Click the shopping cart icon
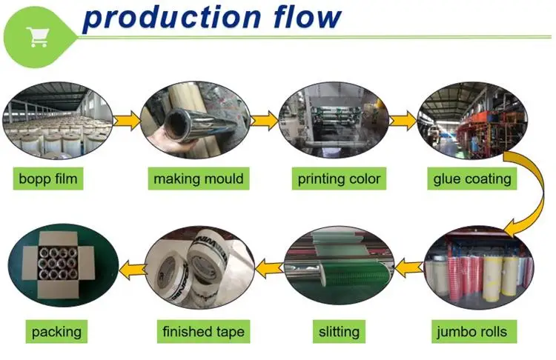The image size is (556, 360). [36, 35]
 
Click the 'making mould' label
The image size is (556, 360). [198, 179]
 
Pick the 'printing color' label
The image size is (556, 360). [339, 179]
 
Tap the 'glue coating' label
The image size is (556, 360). [472, 179]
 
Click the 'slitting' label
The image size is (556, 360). [338, 331]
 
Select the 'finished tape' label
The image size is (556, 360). [202, 331]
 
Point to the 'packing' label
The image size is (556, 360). [56, 331]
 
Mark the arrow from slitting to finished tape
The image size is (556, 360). [269, 262]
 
